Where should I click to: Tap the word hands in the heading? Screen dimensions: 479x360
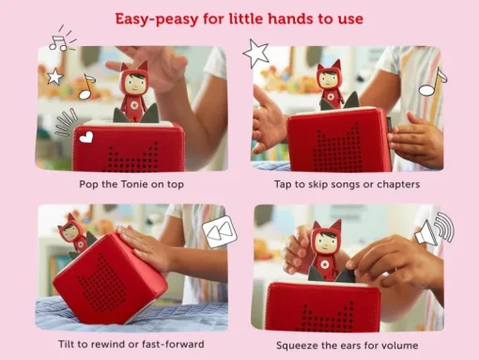pos(291,19)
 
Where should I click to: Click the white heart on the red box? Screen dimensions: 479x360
pos(86,137)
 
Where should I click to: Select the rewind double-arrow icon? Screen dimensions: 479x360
pos(220,231)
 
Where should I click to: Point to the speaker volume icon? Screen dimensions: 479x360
pos(435,228)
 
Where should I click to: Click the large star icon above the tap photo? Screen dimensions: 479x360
pos(255,54)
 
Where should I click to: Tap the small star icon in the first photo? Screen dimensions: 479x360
pos(54,76)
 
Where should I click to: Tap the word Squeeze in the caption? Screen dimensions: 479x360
pos(297,346)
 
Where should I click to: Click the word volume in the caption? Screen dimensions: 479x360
pos(401,345)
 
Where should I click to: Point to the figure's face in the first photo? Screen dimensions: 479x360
pos(136,83)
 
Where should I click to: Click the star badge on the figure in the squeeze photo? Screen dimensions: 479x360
pos(322,265)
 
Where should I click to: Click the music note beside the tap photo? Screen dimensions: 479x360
pos(433,82)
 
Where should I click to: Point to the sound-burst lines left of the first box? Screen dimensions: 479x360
pos(66,122)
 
